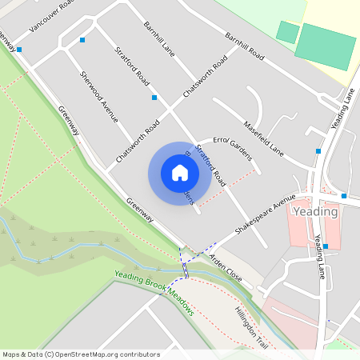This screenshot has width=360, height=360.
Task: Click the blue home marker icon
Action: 180,173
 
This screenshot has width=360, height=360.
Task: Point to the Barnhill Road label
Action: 244,47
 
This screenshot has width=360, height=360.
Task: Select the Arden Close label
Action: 226,267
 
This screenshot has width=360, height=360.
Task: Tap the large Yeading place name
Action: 315,212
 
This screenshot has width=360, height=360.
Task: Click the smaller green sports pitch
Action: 286,32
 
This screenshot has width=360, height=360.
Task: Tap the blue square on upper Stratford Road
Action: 154,98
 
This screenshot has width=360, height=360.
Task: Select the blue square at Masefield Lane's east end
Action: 318,150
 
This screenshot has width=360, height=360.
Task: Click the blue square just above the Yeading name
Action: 344,195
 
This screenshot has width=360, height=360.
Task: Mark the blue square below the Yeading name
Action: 326,246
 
